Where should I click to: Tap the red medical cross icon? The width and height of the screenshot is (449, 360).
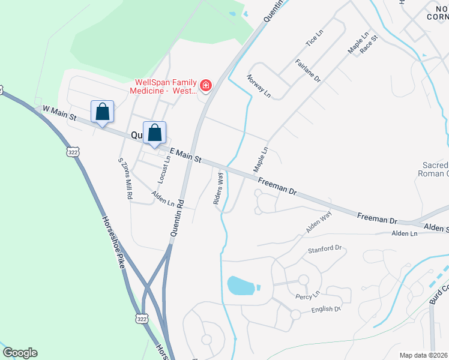coord(206,86)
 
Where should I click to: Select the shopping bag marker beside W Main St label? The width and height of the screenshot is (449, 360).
coord(102,112)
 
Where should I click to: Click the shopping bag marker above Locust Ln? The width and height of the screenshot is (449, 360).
coord(154,133)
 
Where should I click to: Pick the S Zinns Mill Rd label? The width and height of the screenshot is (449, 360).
coord(125,178)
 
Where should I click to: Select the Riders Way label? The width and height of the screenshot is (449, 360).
coord(218,189)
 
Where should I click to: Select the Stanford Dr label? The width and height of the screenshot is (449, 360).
coord(324,248)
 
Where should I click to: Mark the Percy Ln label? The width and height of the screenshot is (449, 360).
coord(307,296)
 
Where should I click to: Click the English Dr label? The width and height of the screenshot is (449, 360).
coord(326,310)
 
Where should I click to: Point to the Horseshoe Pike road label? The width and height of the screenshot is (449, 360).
coord(115,243)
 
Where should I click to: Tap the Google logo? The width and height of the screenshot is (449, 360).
coord(20,353)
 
